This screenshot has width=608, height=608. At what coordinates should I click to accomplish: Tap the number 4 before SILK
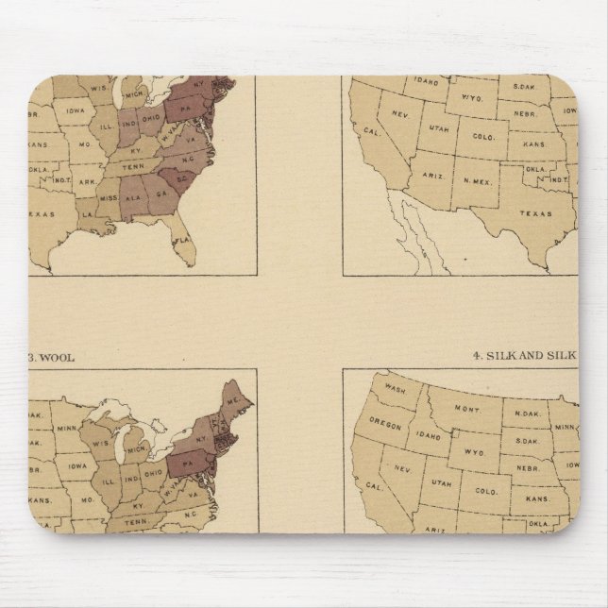[476, 357]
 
